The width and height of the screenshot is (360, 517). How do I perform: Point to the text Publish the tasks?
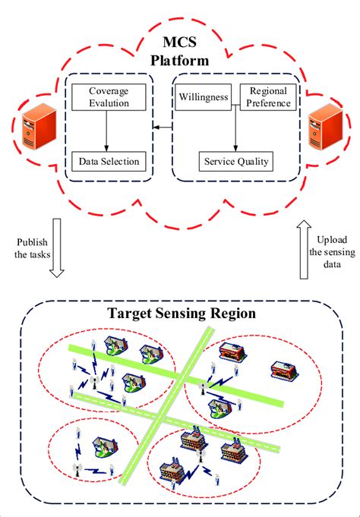coord(33,247)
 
